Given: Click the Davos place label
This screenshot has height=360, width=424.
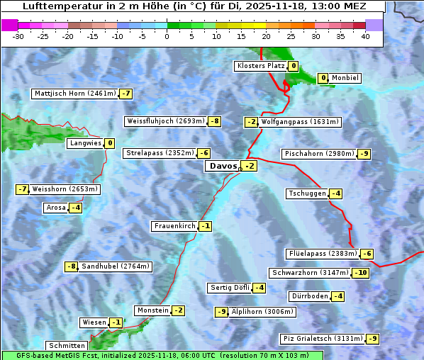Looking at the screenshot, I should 222,166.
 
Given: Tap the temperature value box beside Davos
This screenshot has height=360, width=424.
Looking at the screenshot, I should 249,166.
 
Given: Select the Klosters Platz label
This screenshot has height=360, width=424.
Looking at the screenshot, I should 260,66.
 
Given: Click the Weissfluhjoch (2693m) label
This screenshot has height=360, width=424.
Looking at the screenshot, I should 166,121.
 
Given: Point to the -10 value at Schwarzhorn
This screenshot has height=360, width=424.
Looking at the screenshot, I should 361,273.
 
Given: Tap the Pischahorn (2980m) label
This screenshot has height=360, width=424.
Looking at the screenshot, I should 318,154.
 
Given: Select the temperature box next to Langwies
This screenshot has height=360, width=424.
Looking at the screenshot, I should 109,143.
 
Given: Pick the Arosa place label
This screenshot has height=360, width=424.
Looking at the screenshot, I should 55,208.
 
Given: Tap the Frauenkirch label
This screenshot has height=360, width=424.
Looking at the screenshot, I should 174,226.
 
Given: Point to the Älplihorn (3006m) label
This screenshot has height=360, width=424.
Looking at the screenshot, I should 262,311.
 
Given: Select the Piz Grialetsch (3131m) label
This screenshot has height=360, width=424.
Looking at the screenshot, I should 323,339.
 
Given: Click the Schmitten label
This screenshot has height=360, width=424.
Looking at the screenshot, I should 67,346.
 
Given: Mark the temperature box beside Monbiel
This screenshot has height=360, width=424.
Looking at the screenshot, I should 323,78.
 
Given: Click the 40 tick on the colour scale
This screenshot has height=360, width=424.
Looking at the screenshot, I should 365,36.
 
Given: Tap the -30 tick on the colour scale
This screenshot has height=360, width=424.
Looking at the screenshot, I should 18,36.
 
